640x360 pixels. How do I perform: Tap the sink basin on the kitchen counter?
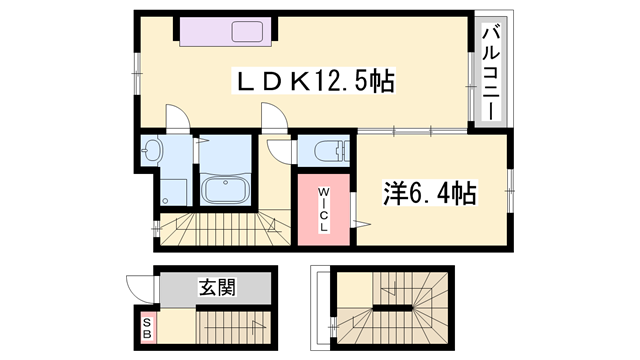coord(246,31)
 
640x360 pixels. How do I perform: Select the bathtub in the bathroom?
coord(229,189)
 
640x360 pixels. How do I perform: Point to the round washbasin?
coord(153,151)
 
